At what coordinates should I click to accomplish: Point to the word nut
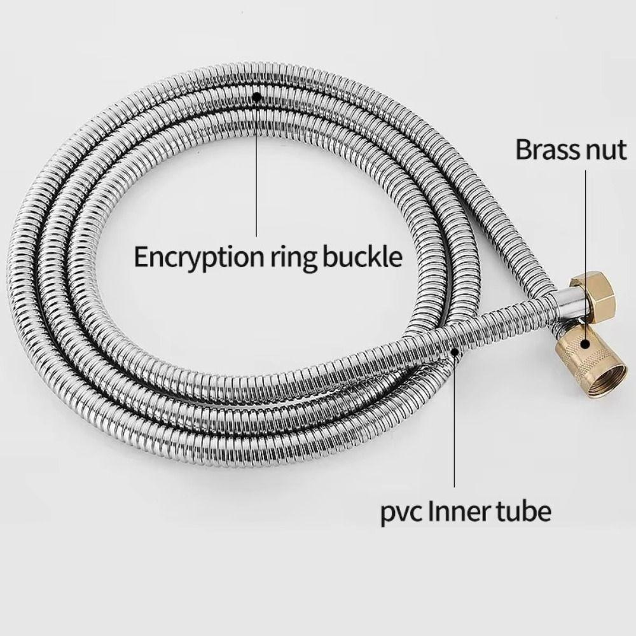click(x=606, y=151)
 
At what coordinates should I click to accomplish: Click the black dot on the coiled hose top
click(x=256, y=97)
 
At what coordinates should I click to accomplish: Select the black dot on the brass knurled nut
click(x=584, y=344)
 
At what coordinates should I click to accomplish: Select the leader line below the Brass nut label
click(x=585, y=255)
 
